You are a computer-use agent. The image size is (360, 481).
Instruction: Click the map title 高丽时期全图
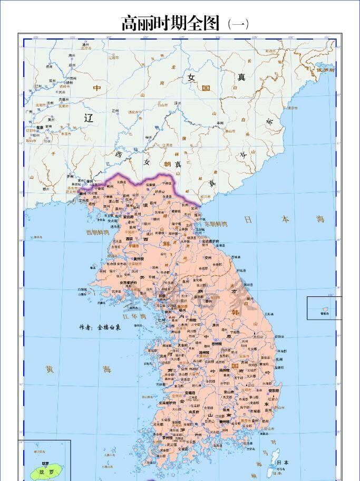click(x=170, y=23)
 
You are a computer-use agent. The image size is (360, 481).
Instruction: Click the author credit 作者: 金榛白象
click(x=100, y=327)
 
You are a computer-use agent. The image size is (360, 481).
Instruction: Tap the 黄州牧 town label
click(x=138, y=259)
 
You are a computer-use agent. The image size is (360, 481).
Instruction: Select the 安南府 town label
click(x=176, y=393)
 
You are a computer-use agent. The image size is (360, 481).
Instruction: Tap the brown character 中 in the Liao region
click(x=96, y=88)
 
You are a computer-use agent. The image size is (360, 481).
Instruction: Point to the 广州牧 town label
click(x=191, y=320)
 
